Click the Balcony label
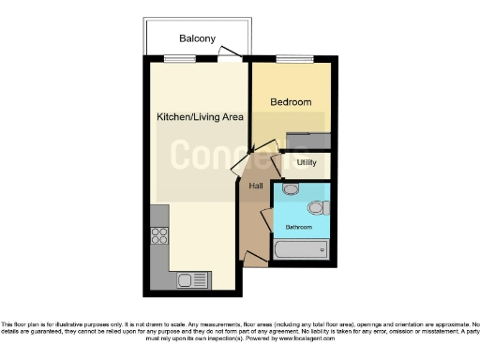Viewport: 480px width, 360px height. [198, 39]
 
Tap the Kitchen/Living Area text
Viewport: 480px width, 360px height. [200, 117]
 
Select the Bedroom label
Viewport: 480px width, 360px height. [291, 101]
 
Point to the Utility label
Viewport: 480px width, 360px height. [307, 163]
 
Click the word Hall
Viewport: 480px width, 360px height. [255, 186]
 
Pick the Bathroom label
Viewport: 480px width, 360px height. [299, 227]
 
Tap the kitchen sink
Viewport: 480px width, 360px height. [190, 278]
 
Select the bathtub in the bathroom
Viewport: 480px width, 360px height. [300, 251]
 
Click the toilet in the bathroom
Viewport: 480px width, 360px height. [318, 207]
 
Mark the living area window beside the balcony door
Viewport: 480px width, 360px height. [177, 59]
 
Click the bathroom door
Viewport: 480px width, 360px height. [266, 221]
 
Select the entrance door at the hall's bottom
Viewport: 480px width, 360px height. [251, 259]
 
